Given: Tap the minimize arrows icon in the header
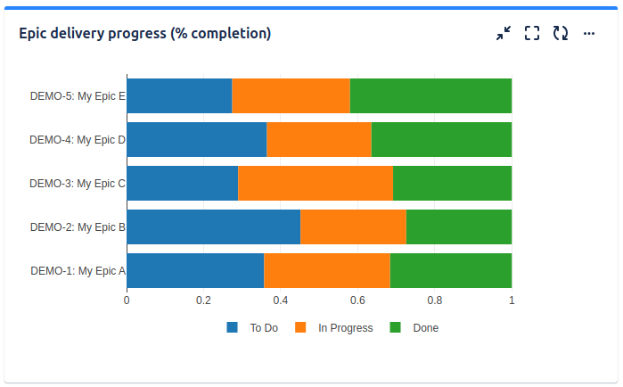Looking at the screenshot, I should (504, 33).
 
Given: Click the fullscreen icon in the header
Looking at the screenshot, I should (532, 33).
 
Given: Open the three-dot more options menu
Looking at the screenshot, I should (588, 33).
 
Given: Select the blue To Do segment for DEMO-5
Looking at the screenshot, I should (179, 95).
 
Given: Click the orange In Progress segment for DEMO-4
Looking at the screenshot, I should (319, 139).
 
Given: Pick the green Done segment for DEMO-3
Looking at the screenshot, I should (452, 183).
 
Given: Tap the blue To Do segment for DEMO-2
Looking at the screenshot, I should (213, 226).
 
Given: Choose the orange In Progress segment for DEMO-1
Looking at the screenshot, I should (326, 270).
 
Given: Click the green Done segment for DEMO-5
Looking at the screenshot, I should (430, 95).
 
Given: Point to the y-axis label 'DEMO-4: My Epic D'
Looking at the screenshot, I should (78, 140).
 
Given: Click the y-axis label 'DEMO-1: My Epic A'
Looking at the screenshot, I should (78, 271).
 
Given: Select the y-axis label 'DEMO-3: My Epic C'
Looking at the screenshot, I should (78, 184).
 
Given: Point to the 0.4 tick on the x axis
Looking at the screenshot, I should (281, 301).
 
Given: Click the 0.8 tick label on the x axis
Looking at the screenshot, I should (434, 301).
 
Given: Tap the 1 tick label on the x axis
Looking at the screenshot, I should (512, 301).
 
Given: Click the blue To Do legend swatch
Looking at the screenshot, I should (233, 327).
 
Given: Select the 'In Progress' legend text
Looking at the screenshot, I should (345, 328).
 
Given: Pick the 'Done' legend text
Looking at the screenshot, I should (425, 328).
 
